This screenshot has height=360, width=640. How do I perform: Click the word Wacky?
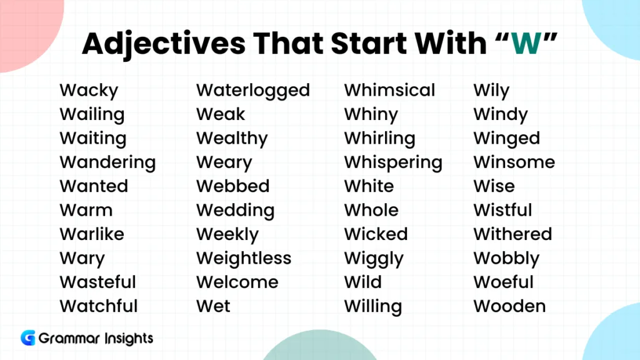(x=89, y=91)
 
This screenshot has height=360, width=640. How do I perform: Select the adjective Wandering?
(x=107, y=162)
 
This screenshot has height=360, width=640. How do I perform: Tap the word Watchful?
(x=99, y=306)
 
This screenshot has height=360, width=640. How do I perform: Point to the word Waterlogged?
(x=253, y=91)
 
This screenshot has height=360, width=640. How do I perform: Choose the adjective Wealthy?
(x=232, y=139)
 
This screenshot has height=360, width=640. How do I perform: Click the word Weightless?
(x=244, y=258)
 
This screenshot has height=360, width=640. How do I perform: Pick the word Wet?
(x=213, y=306)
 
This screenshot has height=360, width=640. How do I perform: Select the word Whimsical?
(x=389, y=91)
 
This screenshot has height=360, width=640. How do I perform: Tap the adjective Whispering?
(x=393, y=162)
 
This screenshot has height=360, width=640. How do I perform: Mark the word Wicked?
(x=376, y=234)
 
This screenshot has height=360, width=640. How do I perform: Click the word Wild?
(x=362, y=282)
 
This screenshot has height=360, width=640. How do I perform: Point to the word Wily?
(x=491, y=91)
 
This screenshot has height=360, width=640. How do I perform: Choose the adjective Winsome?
(x=514, y=162)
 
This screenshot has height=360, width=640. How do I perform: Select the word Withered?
(x=512, y=234)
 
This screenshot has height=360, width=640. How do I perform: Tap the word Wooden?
(x=509, y=306)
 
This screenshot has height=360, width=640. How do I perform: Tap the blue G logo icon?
(x=27, y=338)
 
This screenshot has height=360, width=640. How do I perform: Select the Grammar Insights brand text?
(x=96, y=339)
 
